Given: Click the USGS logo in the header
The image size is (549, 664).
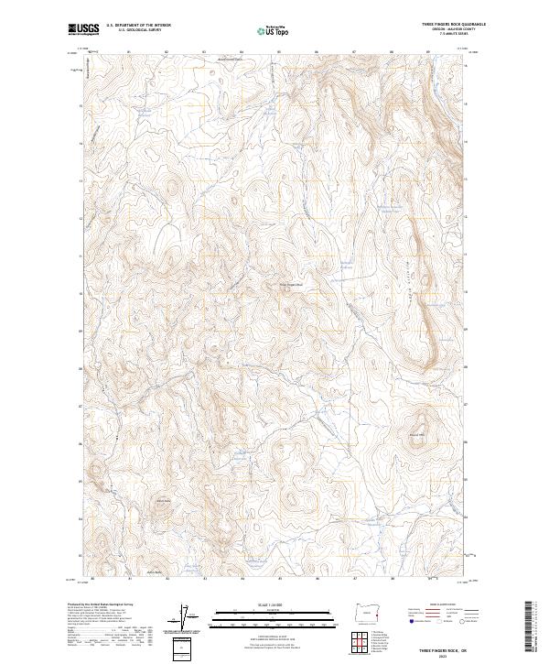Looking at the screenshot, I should (x=84, y=28).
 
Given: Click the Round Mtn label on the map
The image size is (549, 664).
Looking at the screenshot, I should (x=417, y=434).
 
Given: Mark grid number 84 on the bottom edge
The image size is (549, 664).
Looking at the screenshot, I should (x=242, y=578).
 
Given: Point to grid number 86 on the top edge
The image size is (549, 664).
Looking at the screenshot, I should (x=317, y=52).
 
